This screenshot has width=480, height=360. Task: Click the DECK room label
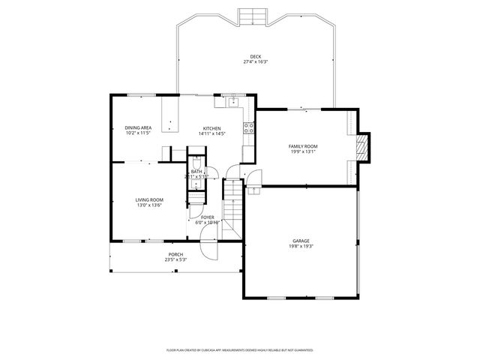[x=256, y=56]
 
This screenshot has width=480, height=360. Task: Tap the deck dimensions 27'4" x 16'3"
[x=256, y=62]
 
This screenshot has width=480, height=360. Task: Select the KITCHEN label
[x=212, y=128]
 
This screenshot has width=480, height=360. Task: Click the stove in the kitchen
[x=248, y=128]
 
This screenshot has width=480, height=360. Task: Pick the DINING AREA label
[x=138, y=128]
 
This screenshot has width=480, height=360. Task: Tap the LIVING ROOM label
[x=149, y=199]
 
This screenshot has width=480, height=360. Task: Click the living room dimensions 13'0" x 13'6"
[x=149, y=205]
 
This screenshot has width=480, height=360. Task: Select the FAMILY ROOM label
[x=303, y=145]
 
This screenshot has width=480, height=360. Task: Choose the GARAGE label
[x=301, y=241]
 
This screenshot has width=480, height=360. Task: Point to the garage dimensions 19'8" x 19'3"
[x=301, y=247]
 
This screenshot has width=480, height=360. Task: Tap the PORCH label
[x=175, y=254]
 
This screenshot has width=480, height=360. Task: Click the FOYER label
[x=208, y=217]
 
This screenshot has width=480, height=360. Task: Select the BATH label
[x=196, y=172]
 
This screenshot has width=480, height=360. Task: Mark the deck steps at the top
[x=249, y=15]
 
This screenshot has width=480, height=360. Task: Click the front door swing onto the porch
[x=208, y=251]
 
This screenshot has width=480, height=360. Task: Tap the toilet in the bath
[x=196, y=163]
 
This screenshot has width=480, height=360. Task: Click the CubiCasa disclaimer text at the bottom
[x=239, y=349]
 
